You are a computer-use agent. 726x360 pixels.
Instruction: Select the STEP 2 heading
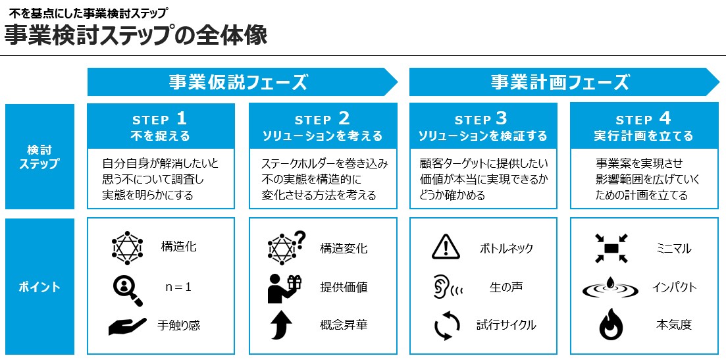(323, 119)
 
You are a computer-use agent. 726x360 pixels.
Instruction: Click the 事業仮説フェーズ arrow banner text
(238, 82)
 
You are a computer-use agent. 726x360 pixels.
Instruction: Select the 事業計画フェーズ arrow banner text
(559, 82)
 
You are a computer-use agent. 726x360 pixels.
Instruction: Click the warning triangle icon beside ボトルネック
(446, 247)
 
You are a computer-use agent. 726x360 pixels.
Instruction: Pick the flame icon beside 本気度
(611, 324)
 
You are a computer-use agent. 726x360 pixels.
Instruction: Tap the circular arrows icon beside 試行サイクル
(447, 325)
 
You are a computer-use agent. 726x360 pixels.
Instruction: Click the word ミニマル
(673, 249)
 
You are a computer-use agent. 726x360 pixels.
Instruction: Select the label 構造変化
(344, 249)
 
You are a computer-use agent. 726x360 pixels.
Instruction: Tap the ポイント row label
(39, 287)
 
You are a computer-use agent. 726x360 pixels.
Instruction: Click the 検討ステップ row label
(39, 157)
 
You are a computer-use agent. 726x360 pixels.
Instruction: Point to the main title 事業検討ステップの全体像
(136, 35)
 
